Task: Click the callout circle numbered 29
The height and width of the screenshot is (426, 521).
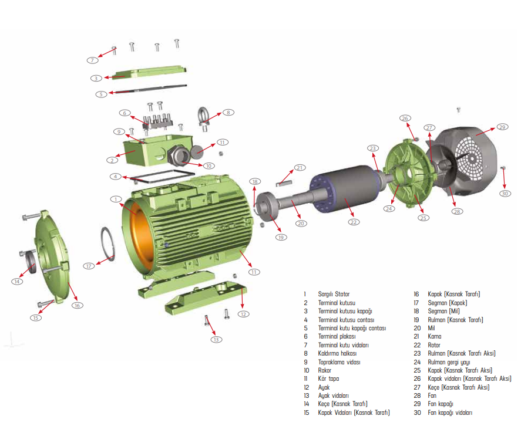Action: [502, 127]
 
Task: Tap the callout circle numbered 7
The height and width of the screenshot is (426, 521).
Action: [92, 60]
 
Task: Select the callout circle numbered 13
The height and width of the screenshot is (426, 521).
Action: [216, 339]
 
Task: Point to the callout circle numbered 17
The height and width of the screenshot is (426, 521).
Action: [89, 266]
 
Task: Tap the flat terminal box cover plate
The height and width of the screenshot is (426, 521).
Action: [149, 72]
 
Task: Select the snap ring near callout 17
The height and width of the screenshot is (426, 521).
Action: [108, 244]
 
